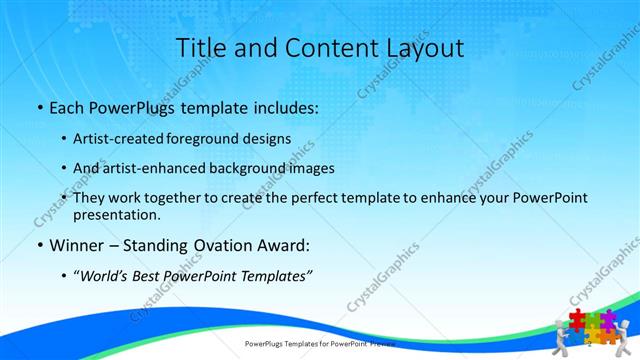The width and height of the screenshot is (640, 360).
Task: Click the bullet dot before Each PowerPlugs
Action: (39, 107)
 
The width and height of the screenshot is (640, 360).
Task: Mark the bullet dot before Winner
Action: (39, 245)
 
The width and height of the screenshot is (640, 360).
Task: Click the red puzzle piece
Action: (577, 319)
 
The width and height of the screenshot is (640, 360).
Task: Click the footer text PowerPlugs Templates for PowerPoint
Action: (310, 343)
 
